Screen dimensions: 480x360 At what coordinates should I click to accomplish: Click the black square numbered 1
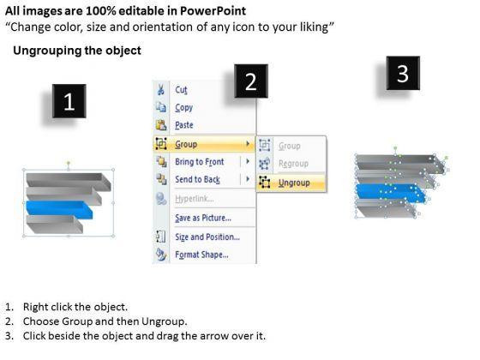pos(69,101)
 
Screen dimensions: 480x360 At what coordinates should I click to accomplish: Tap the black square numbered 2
pos(251,81)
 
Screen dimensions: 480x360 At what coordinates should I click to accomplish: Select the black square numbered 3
pos(403,73)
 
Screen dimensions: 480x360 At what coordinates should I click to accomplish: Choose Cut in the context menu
pos(181,90)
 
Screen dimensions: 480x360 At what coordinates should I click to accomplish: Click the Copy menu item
pos(183,107)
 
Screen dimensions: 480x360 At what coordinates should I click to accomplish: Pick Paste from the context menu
pos(184,125)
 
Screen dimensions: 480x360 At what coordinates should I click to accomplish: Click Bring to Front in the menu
pos(199,162)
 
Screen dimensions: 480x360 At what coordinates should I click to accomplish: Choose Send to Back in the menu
pos(197,179)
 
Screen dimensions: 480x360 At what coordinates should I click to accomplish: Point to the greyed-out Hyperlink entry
pos(194,199)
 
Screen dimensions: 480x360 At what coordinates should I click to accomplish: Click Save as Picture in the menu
pos(203,218)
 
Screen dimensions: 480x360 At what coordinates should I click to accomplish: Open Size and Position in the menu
pos(207,237)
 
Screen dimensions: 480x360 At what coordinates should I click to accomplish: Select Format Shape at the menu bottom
pos(201,255)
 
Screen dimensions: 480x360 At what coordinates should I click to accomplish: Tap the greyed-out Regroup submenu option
pos(293,164)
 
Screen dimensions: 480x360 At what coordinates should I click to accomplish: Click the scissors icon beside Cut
pos(161,90)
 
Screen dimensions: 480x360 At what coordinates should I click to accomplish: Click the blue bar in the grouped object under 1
pos(59,210)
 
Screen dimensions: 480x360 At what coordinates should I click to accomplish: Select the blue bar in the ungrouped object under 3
pos(391,194)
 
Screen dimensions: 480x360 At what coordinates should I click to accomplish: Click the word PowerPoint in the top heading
pos(213,11)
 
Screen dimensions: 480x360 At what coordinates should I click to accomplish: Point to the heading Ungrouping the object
pos(77,51)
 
